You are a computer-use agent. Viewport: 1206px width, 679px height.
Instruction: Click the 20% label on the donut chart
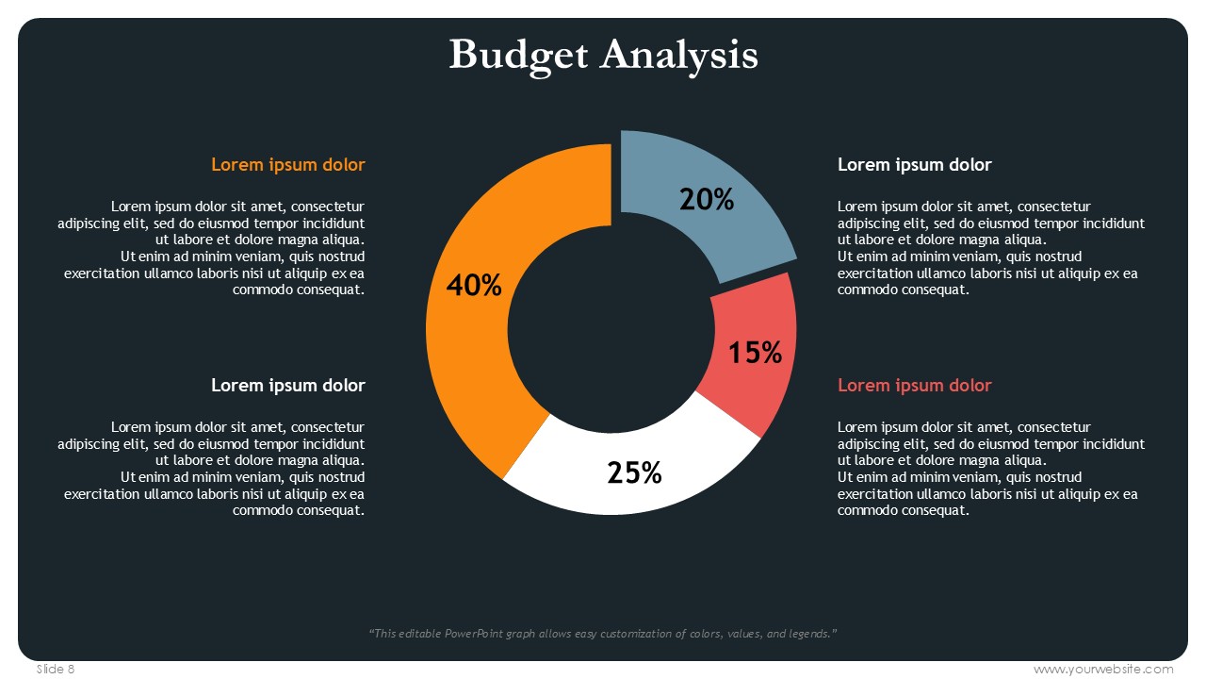(707, 199)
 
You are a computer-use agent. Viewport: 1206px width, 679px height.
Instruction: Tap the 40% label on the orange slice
(474, 285)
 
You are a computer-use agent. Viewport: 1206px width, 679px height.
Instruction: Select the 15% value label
(756, 353)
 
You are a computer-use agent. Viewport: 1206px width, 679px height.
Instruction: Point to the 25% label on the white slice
(634, 472)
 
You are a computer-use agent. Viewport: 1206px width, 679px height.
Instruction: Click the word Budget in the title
(519, 54)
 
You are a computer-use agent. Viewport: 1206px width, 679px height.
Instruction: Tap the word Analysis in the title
(679, 54)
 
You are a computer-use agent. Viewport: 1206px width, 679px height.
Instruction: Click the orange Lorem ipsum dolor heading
(287, 165)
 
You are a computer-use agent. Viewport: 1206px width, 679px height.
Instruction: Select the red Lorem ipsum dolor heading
(914, 386)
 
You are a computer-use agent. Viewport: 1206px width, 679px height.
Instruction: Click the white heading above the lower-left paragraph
(287, 386)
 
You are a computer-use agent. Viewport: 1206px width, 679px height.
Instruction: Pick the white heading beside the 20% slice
(914, 165)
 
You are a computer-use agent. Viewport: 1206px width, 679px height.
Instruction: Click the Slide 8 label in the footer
(56, 669)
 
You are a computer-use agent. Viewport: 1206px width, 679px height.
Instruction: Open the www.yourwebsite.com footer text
(1103, 669)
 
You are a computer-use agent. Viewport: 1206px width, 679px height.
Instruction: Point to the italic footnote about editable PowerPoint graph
(603, 634)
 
